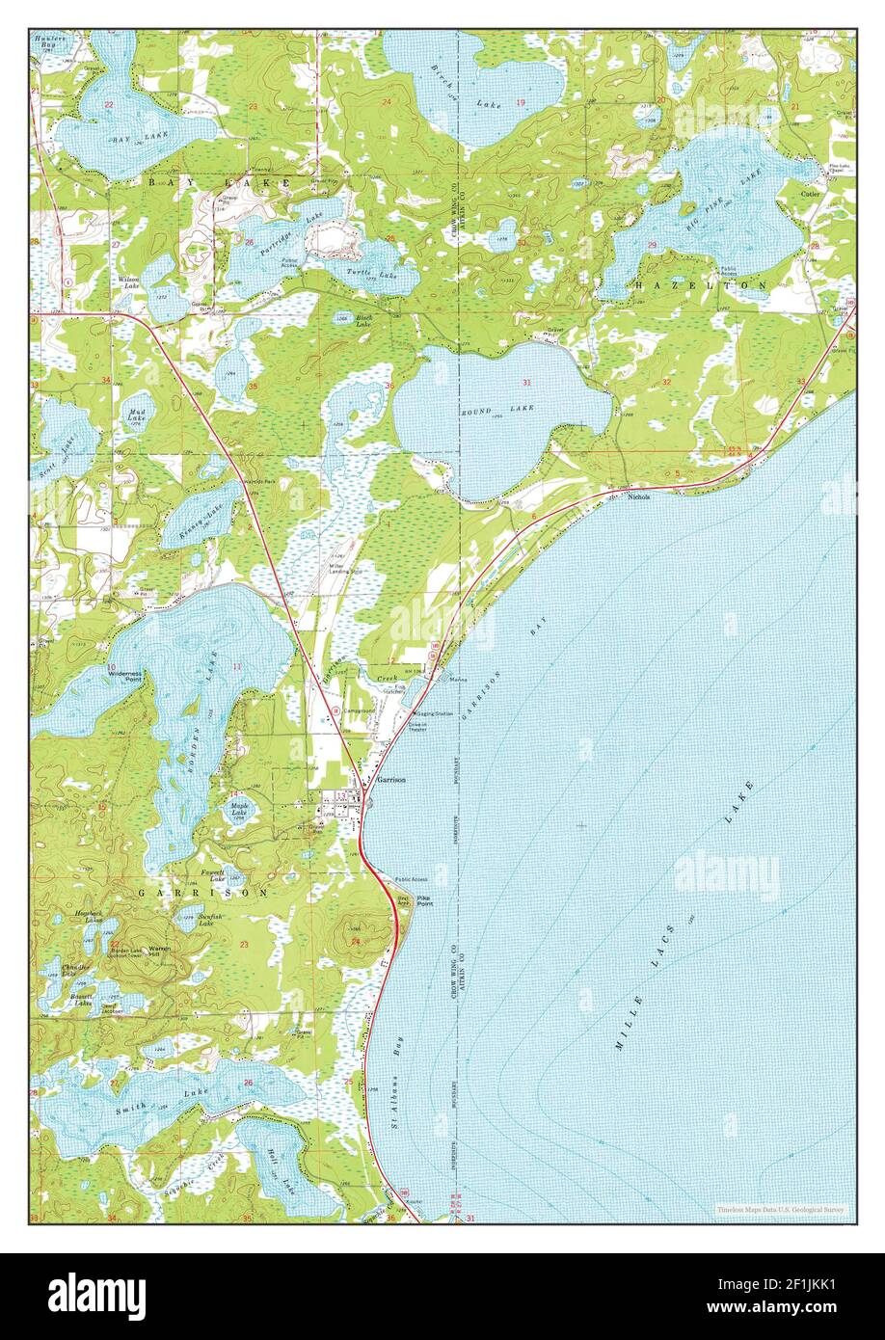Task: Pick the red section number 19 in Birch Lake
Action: (x=521, y=102)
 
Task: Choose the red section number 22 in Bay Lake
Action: (x=108, y=104)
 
